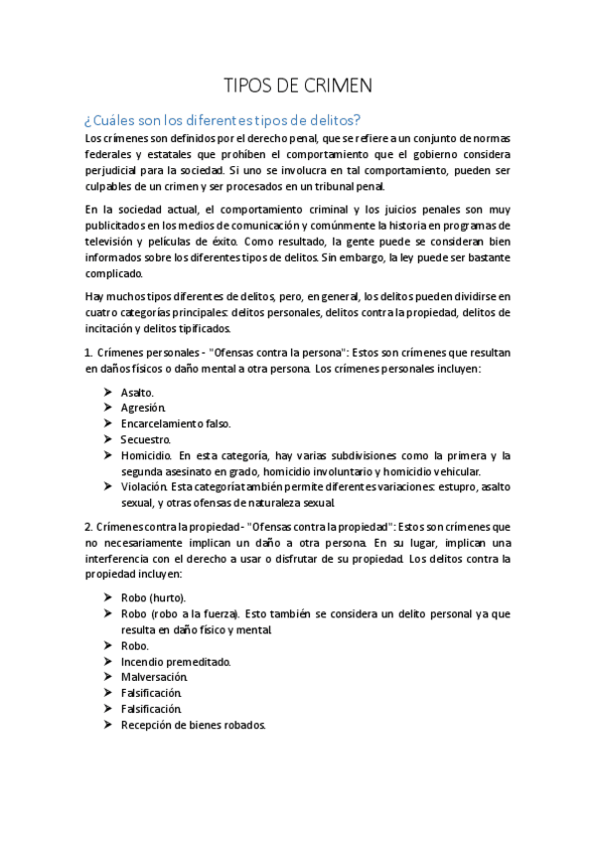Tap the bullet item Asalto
tap(137, 392)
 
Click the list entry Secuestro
tap(146, 439)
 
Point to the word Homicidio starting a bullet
tap(145, 455)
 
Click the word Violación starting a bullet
tap(143, 487)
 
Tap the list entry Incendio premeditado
tap(176, 661)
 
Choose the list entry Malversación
tap(154, 677)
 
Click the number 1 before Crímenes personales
tap(87, 353)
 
